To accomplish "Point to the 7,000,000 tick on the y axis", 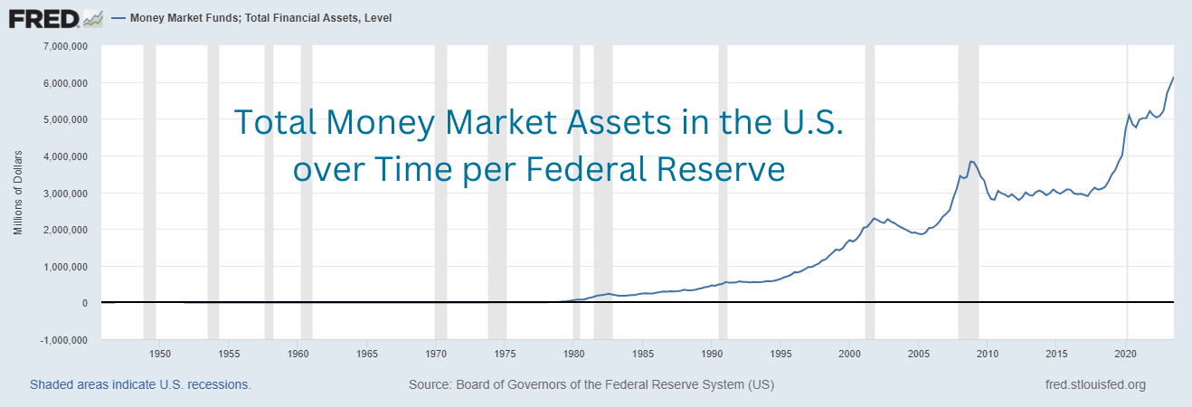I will click(x=61, y=46).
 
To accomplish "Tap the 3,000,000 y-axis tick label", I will click(x=61, y=194).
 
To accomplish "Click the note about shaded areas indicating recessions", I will click(x=140, y=385).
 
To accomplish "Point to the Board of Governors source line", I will click(x=591, y=385).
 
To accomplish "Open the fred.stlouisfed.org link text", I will click(x=1094, y=385).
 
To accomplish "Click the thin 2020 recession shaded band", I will click(x=1127, y=226).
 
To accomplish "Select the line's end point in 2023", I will click(x=1174, y=78).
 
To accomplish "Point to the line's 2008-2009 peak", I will click(x=970, y=162).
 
